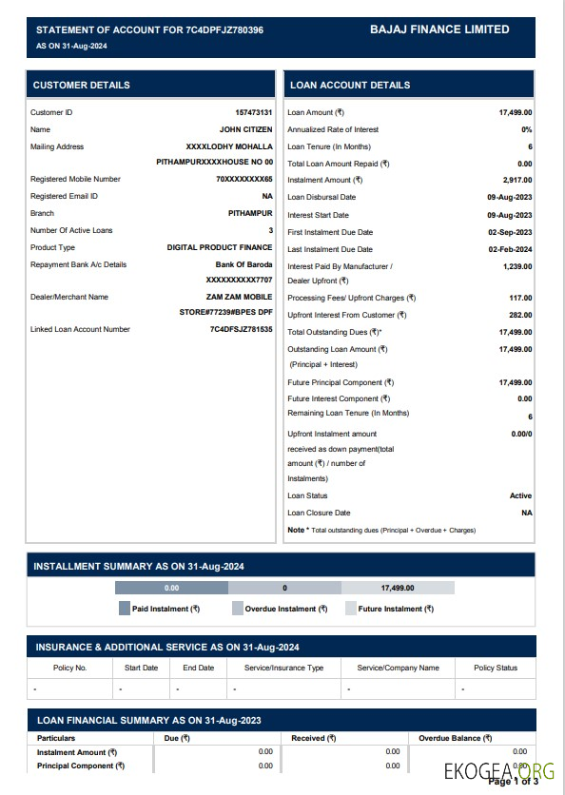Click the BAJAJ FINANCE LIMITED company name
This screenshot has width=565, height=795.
pyautogui.click(x=439, y=29)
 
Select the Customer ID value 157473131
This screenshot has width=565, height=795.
pyautogui.click(x=253, y=112)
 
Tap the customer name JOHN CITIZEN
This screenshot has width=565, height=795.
pyautogui.click(x=245, y=129)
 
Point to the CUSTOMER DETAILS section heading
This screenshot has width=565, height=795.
pyautogui.click(x=82, y=85)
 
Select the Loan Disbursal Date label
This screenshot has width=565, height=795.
pyautogui.click(x=321, y=197)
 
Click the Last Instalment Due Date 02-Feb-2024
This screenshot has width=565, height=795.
pyautogui.click(x=509, y=249)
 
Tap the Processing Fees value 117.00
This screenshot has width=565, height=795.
pyautogui.click(x=520, y=298)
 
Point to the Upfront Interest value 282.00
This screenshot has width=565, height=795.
pyautogui.click(x=520, y=315)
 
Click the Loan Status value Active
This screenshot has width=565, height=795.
pyautogui.click(x=520, y=495)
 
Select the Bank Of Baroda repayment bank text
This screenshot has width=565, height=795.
pyautogui.click(x=244, y=264)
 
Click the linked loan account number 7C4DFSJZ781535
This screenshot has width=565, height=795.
pyautogui.click(x=241, y=329)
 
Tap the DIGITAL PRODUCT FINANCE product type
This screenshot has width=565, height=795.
pyautogui.click(x=220, y=247)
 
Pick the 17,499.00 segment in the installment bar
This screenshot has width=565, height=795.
pyautogui.click(x=398, y=589)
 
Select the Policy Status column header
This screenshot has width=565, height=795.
pyautogui.click(x=496, y=668)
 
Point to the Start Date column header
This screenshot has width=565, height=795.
pyautogui.click(x=141, y=668)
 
